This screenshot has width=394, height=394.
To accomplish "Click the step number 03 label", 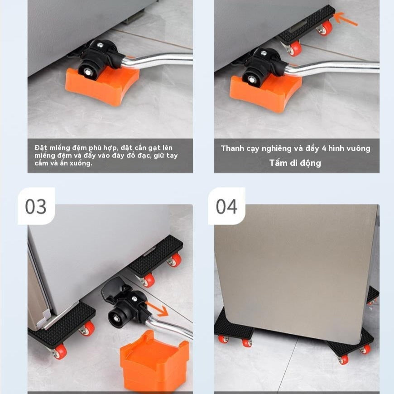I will pyautogui.click(x=36, y=207).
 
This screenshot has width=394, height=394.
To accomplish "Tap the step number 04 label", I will pyautogui.click(x=226, y=207).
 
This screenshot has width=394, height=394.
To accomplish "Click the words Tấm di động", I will pyautogui.click(x=295, y=163).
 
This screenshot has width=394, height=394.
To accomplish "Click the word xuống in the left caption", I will pyautogui.click(x=81, y=163).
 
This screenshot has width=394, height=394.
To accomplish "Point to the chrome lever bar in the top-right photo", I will pyautogui.click(x=335, y=67).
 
